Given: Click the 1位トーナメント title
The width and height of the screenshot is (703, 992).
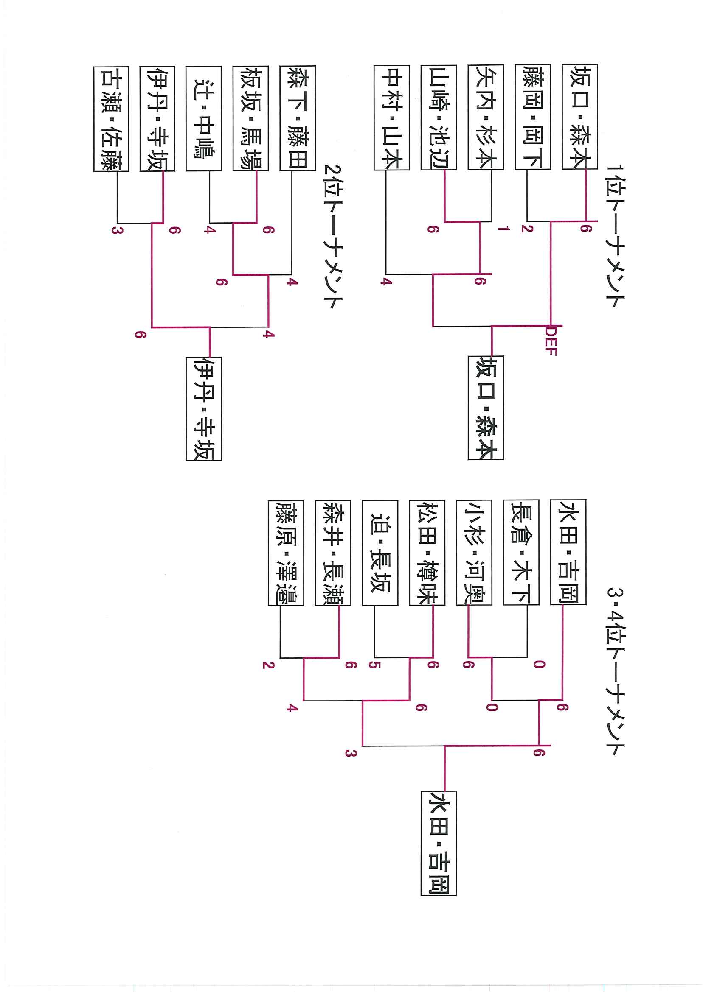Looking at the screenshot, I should pyautogui.click(x=615, y=236).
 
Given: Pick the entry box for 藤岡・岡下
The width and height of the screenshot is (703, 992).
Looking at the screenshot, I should pyautogui.click(x=532, y=117).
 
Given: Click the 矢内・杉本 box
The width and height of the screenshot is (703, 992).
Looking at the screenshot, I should pyautogui.click(x=485, y=117).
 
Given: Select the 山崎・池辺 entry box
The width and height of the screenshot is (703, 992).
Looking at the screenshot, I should pyautogui.click(x=439, y=117).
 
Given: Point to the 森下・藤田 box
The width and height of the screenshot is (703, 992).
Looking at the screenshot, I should pyautogui.click(x=298, y=118).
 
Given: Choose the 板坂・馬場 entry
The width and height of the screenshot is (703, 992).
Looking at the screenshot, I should pyautogui.click(x=250, y=118).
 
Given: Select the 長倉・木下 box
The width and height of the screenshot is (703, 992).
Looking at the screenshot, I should pyautogui.click(x=521, y=552).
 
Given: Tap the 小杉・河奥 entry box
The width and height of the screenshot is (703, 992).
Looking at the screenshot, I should pyautogui.click(x=474, y=552).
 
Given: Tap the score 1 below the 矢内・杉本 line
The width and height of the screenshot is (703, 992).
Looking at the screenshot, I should pyautogui.click(x=503, y=228).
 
